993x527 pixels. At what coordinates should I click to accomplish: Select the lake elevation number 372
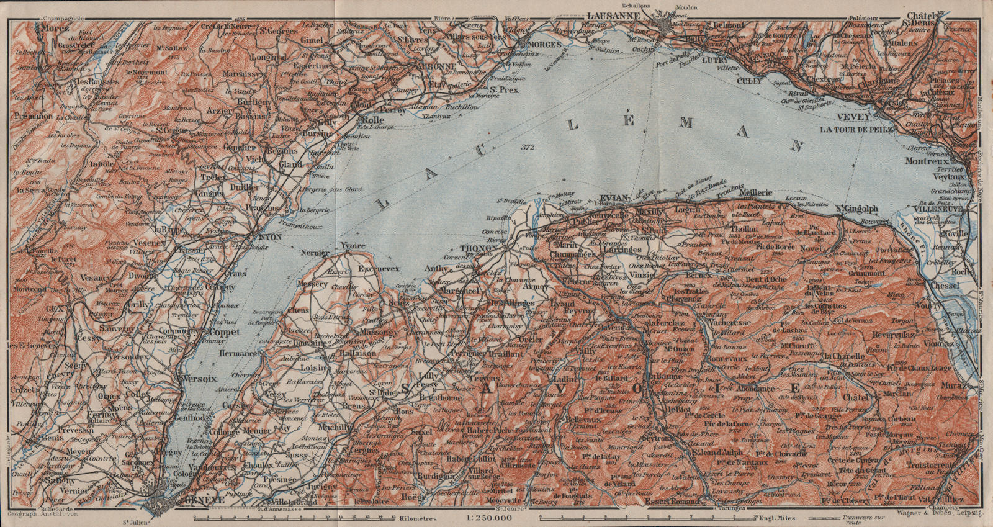pos(528,147)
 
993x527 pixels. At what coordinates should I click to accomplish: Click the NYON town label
pos(269,237)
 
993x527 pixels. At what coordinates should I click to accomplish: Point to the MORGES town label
pos(544,45)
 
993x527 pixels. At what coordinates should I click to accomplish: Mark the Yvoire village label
pos(353,246)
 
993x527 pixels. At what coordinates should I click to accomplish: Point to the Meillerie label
pos(755,192)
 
